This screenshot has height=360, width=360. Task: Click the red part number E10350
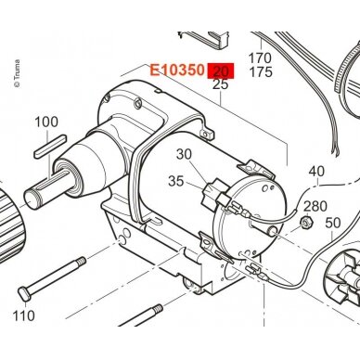pos(177,71)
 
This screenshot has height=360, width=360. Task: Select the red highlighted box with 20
pos(221,71)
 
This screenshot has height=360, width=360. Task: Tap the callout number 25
pos(220,84)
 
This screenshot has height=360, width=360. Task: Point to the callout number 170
pos(260,58)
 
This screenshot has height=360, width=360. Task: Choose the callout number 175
pos(261,71)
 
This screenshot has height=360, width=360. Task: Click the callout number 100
pos(46,122)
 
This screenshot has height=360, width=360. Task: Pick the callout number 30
pos(184,154)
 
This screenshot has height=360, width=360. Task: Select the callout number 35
pos(176,181)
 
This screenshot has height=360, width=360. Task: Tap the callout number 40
pos(316,171)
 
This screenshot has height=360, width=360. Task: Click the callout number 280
pos(315,206)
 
